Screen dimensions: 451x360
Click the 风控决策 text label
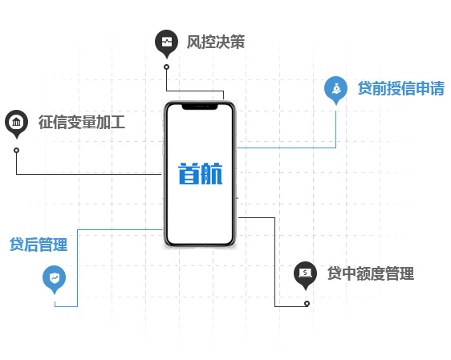216,42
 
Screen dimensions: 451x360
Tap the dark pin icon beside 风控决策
167,43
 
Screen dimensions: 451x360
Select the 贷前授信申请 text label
401,88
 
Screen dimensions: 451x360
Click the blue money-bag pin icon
335,90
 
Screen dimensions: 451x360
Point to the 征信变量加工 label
82,122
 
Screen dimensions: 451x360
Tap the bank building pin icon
16,123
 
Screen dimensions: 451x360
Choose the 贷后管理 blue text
39,245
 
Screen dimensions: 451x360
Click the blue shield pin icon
54,280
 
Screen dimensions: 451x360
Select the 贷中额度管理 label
371,273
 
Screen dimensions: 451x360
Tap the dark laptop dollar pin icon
305,275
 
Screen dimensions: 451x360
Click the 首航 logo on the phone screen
200,173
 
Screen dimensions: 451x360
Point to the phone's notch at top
200,107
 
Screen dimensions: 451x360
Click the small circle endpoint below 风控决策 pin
167,67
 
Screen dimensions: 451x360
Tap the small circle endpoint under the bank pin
17,150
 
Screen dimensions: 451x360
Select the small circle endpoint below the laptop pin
307,303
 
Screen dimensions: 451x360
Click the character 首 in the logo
189,173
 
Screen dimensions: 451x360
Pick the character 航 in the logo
212,173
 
